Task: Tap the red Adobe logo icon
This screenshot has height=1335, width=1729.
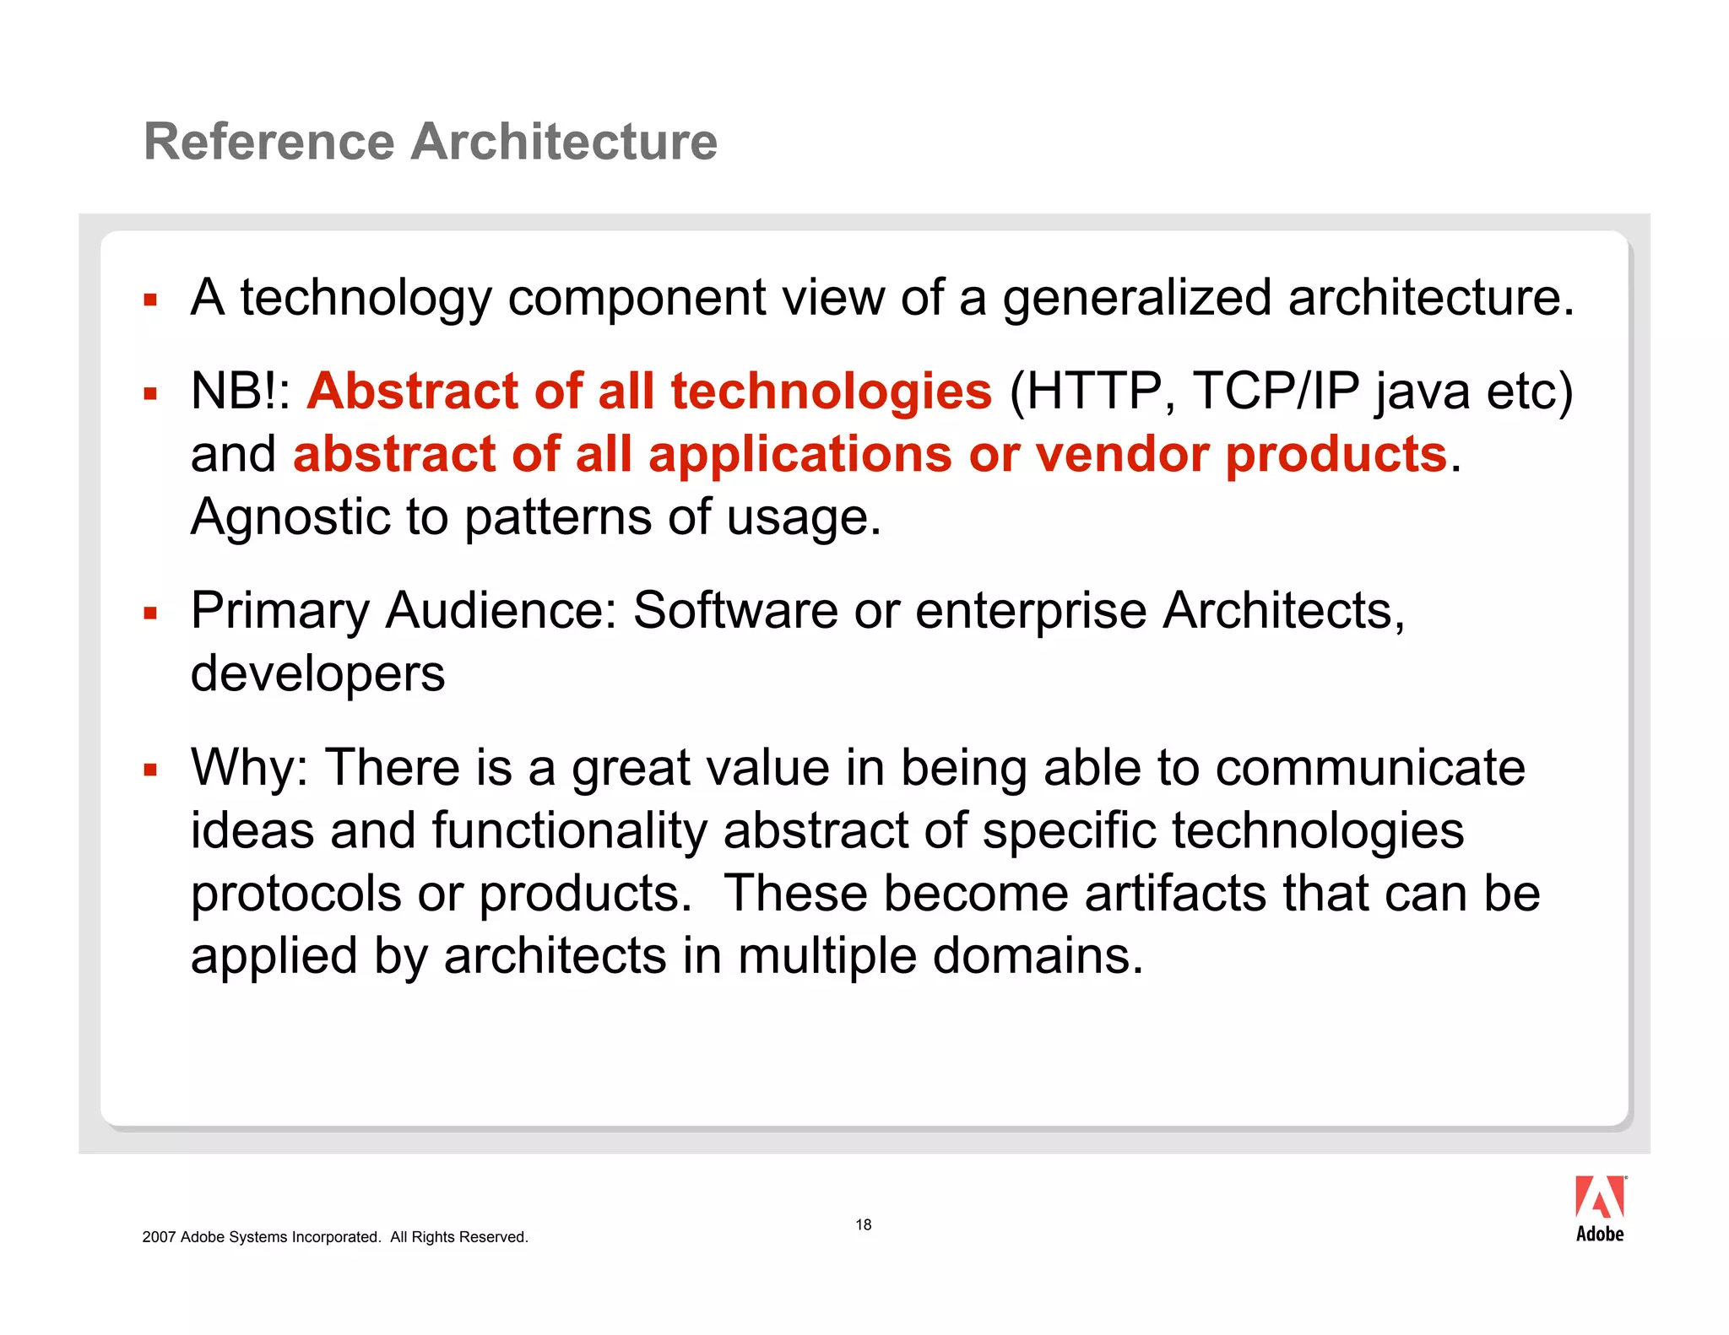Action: tap(1599, 1197)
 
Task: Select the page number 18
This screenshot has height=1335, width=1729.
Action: tap(863, 1224)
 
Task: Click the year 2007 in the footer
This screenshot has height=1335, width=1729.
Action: tap(159, 1237)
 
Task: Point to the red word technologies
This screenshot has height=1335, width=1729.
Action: tap(831, 392)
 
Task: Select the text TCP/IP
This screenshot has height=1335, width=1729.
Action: tap(1276, 392)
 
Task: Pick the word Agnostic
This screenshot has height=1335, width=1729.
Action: tap(290, 518)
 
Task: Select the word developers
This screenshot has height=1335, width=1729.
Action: tap(317, 674)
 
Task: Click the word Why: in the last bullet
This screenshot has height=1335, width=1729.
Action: tap(250, 768)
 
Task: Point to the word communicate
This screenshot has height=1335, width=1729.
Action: tap(1369, 768)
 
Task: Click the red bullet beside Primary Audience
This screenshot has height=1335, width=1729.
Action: tap(150, 613)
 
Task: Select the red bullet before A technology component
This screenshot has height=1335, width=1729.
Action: tap(150, 300)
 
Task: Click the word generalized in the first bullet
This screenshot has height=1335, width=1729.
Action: tap(1136, 298)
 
